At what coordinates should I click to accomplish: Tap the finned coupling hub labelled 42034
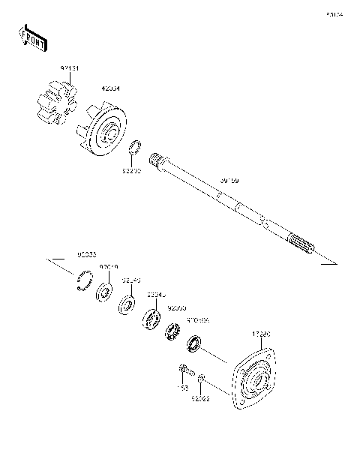[105, 132]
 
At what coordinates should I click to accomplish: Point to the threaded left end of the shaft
[157, 159]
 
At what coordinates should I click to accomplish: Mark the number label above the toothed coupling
[70, 70]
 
